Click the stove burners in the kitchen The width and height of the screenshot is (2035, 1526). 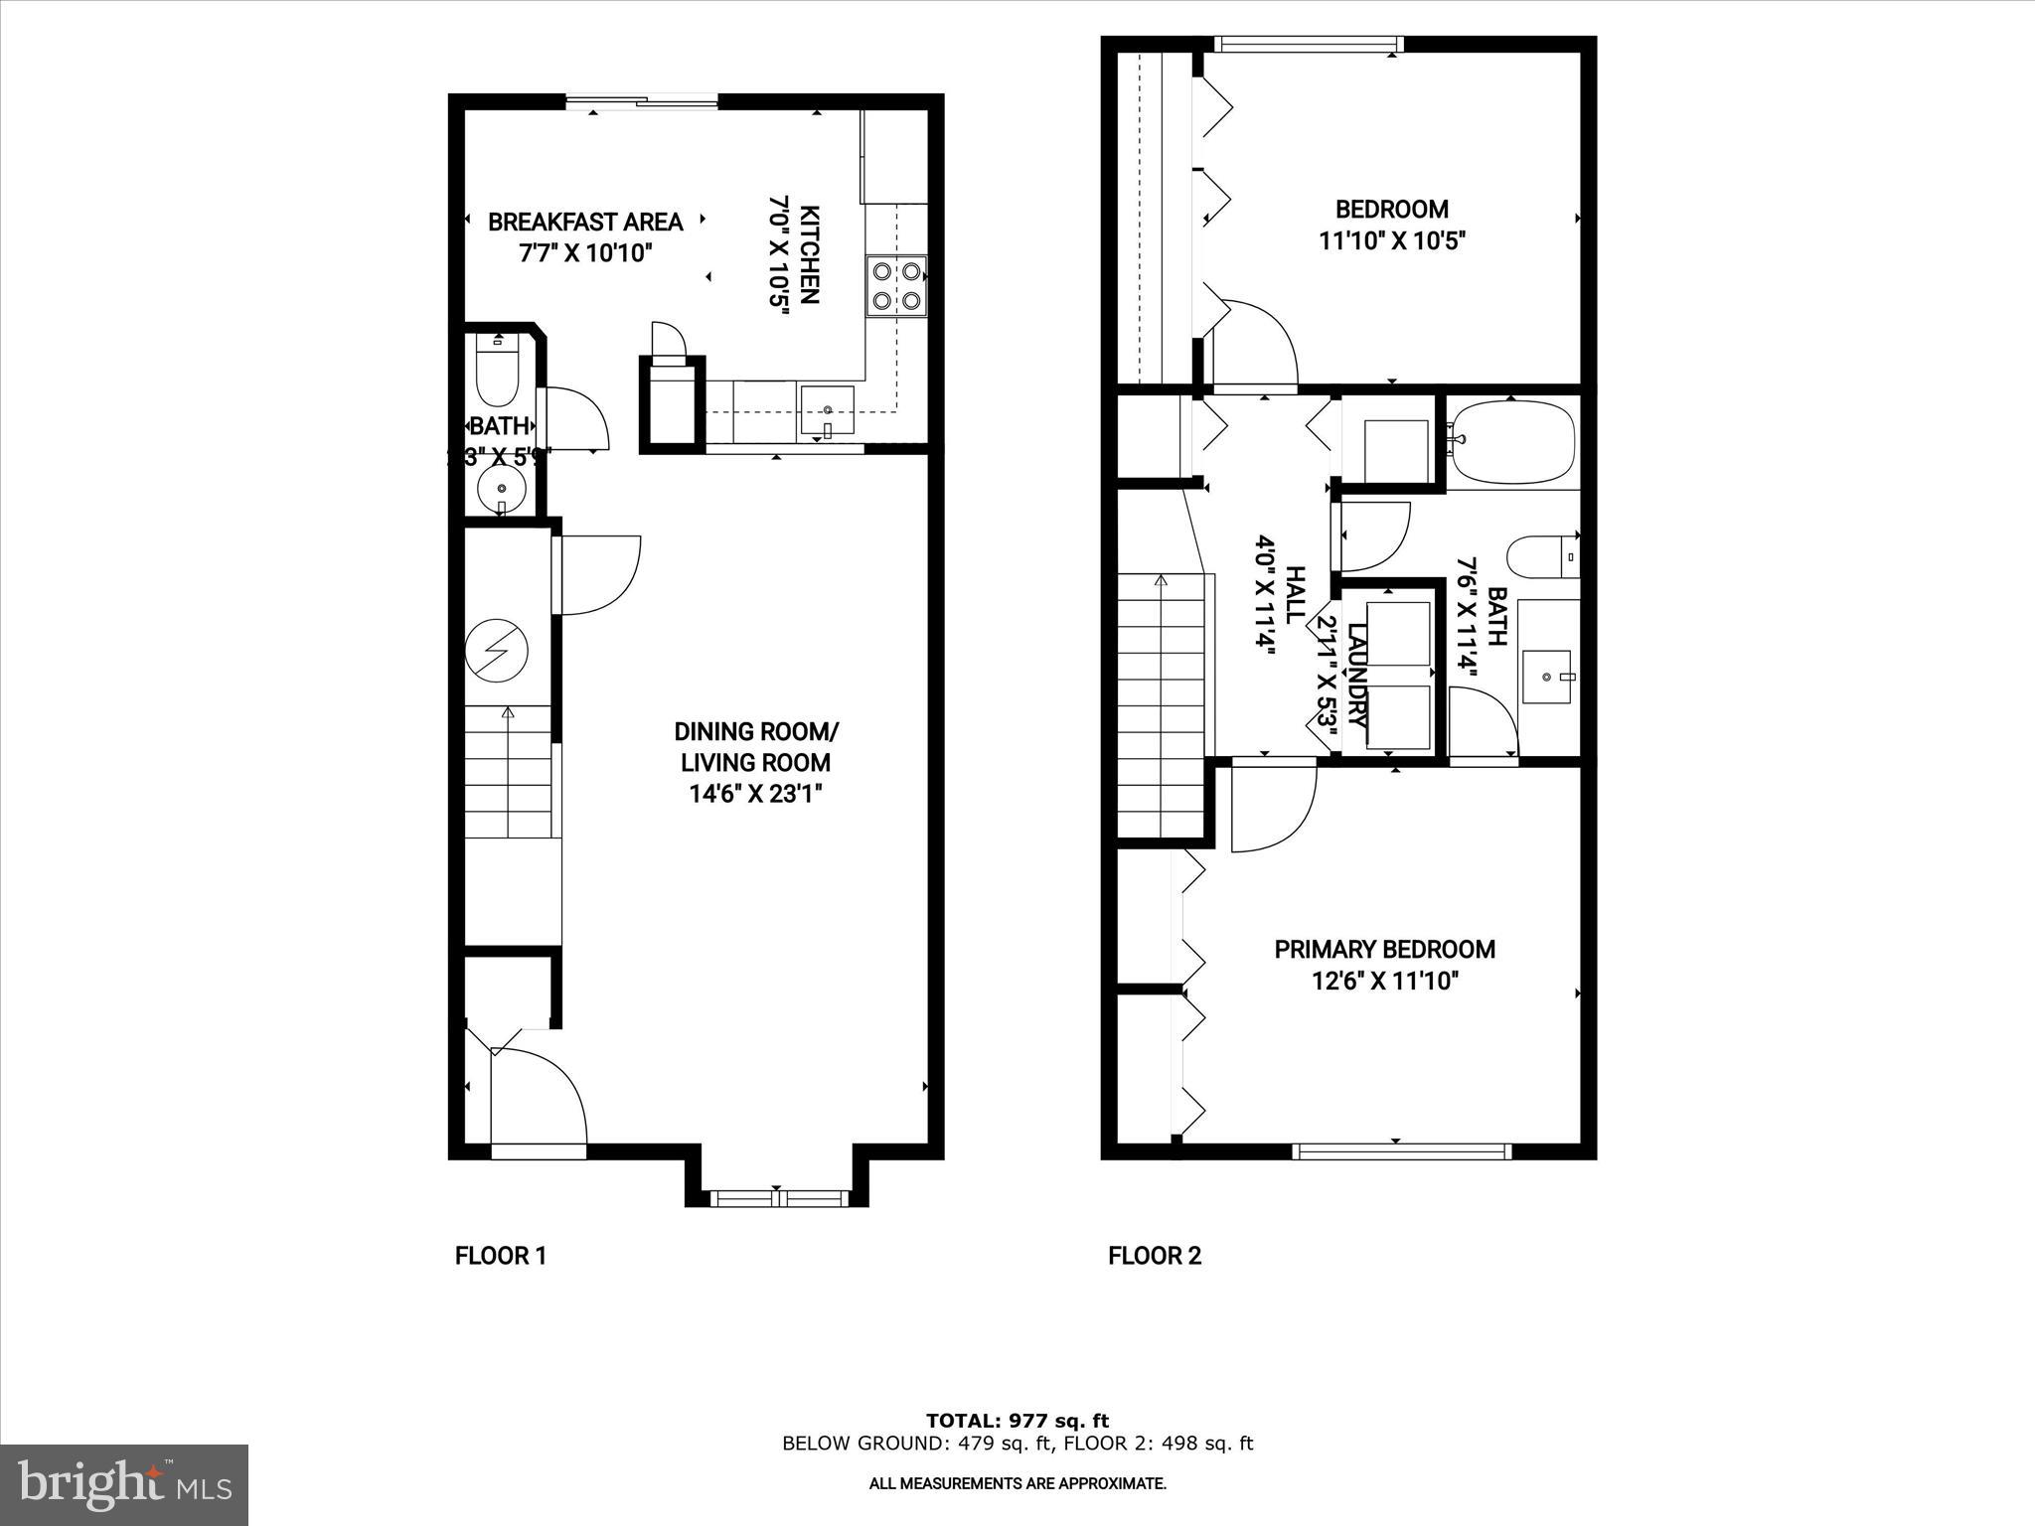coord(896,285)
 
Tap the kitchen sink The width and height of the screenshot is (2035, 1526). coord(827,411)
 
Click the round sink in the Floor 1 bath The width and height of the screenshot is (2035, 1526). coord(502,490)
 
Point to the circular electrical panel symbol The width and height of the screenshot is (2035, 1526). coord(497,650)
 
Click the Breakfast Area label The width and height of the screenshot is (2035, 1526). coord(585,222)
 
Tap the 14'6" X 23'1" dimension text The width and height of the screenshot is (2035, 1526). coord(755,794)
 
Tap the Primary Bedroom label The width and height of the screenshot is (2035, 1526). coord(1384,949)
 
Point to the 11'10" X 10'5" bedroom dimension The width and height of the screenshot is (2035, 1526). coord(1392,240)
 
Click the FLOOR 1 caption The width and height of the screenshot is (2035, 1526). coord(501,1256)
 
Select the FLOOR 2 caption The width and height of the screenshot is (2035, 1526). coord(1155,1256)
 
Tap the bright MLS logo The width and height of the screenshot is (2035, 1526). coord(124,1484)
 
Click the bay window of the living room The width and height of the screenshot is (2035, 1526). coord(777,1198)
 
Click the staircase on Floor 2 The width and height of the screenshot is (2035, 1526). coord(1162,705)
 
